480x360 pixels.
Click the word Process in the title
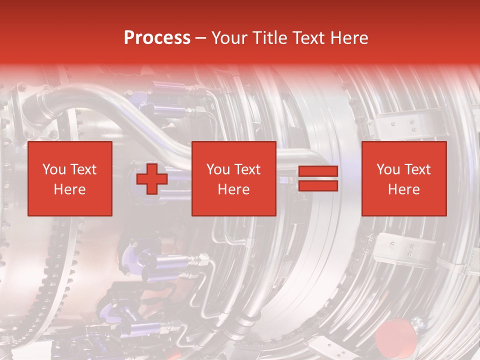pos(157,38)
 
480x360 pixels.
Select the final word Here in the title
pos(349,38)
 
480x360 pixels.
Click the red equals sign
pos(318,178)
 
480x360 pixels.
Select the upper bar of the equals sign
pos(318,171)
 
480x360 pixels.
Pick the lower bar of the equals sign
pos(318,186)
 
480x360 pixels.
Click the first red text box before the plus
pos(70,178)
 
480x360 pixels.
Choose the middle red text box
pos(234,178)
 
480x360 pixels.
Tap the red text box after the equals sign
pos(404,178)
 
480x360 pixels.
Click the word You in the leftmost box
pos(54,169)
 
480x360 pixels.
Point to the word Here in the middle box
pos(234,189)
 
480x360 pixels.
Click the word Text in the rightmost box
pos(417,169)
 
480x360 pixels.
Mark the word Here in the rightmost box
pos(404,189)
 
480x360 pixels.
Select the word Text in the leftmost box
pos(83,169)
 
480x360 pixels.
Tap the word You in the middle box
pos(218,169)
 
